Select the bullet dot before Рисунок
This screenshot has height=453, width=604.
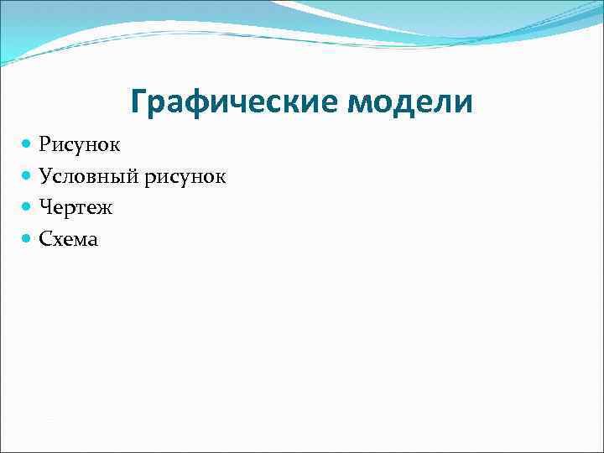pyautogui.click(x=28, y=145)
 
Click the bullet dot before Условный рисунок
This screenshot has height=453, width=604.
pyautogui.click(x=28, y=176)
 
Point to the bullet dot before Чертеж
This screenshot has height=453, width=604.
pyautogui.click(x=28, y=207)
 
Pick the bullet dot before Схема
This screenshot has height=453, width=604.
pyautogui.click(x=28, y=239)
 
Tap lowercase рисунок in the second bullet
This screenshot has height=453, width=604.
pyautogui.click(x=185, y=177)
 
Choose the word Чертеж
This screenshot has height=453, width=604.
pyautogui.click(x=75, y=208)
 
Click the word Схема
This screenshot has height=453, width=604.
pyautogui.click(x=69, y=240)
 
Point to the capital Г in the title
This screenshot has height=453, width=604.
pyautogui.click(x=139, y=102)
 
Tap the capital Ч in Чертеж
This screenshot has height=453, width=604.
pyautogui.click(x=45, y=208)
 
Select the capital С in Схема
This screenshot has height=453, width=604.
pyautogui.click(x=45, y=240)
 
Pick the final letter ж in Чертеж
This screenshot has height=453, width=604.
pyautogui.click(x=105, y=209)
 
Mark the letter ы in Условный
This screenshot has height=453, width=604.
pyautogui.click(x=122, y=178)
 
